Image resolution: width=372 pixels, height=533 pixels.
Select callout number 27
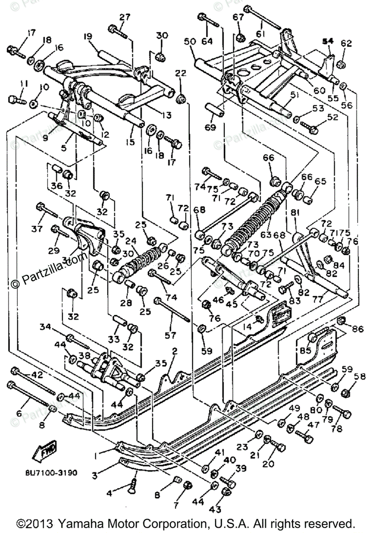125,17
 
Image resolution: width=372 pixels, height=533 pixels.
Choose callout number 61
260,34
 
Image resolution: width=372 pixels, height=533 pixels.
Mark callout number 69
210,127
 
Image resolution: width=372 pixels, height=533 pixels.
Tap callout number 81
294,213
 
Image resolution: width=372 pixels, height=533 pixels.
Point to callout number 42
37,374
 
